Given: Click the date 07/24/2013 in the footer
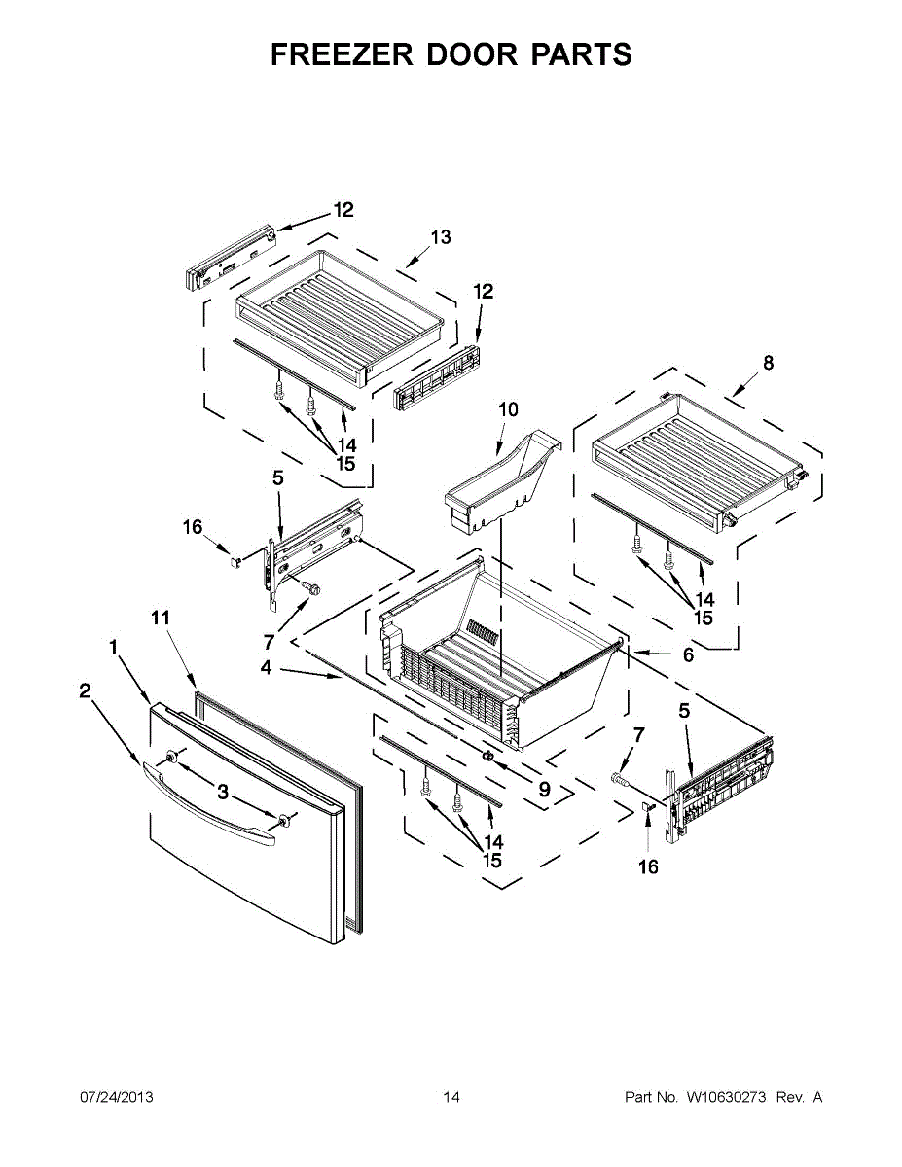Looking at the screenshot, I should tap(116, 1098).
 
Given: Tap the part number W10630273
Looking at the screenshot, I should tap(727, 1098).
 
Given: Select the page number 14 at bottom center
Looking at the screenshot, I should tap(451, 1098).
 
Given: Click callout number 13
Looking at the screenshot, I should tap(441, 237).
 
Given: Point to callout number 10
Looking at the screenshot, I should tap(508, 409).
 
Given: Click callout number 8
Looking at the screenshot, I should tap(769, 363).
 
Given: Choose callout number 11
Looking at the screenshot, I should tap(161, 618).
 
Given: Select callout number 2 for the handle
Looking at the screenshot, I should tap(85, 690).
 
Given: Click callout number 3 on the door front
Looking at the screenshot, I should tap(223, 793).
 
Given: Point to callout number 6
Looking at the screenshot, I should tap(688, 655).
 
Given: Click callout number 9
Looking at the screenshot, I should tap(544, 790).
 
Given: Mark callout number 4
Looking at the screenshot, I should tap(265, 668).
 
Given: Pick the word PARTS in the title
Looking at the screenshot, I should tap(581, 54).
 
